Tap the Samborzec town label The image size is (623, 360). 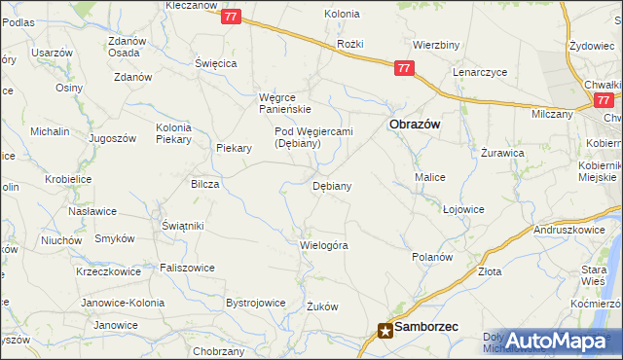[x=427, y=329]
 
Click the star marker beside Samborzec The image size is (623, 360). [x=385, y=331]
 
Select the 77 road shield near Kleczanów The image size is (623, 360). [x=231, y=17]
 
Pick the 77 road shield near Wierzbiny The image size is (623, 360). [x=405, y=68]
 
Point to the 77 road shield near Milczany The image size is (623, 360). [x=604, y=99]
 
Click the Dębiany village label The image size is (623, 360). [x=332, y=185]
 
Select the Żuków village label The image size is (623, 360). [x=321, y=306]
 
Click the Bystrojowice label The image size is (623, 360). [x=255, y=303]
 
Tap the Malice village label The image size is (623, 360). [x=430, y=177]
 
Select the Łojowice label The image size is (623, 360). [x=463, y=209]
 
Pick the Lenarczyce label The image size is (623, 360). [x=482, y=73]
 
